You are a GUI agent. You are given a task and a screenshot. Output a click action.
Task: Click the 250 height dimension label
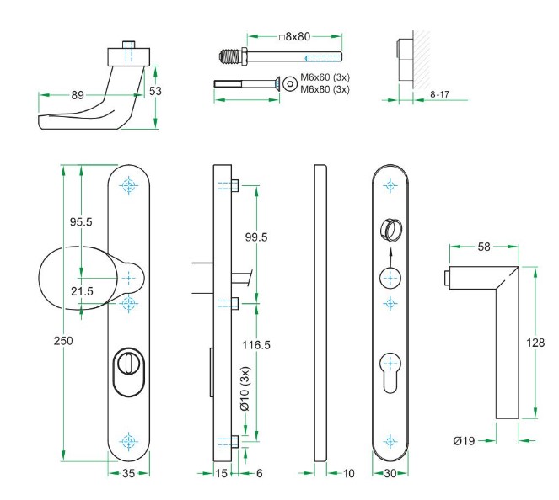click(x=63, y=341)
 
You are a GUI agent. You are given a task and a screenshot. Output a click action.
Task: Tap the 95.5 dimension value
click(x=80, y=221)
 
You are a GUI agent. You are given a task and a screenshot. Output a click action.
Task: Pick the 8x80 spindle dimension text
click(x=296, y=36)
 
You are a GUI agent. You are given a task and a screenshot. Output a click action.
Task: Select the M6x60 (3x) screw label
click(x=325, y=79)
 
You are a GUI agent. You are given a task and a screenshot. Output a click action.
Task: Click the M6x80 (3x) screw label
click(x=325, y=89)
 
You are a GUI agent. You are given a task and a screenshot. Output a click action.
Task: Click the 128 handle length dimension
click(x=535, y=343)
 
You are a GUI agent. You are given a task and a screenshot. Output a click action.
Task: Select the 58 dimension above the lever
click(x=483, y=247)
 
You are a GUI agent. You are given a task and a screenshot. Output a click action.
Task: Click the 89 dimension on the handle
click(x=78, y=96)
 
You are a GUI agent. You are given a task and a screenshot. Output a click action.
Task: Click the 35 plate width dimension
click(x=128, y=473)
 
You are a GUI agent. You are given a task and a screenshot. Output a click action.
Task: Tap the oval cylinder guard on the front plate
click(x=129, y=374)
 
